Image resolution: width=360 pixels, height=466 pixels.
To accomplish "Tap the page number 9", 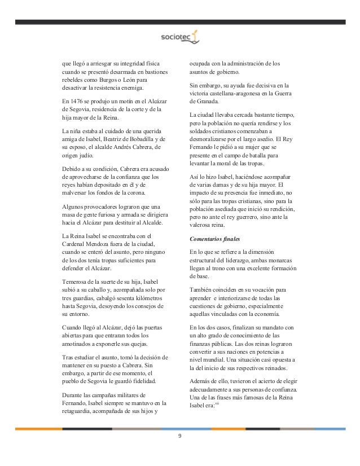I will [x=179, y=436].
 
